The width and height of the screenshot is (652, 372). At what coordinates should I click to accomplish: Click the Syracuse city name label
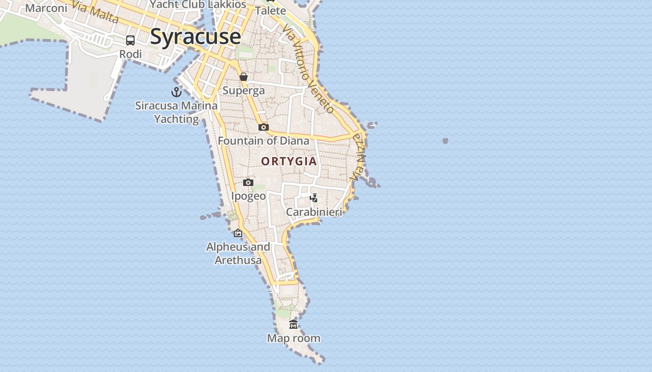pyautogui.click(x=195, y=37)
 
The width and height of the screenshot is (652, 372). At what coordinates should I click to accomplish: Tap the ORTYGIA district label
pyautogui.click(x=289, y=161)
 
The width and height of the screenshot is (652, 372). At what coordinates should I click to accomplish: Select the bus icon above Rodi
pyautogui.click(x=130, y=40)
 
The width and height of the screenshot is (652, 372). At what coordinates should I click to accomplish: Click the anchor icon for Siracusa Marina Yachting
pyautogui.click(x=176, y=92)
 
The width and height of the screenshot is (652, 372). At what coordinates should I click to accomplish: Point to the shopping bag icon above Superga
pyautogui.click(x=243, y=77)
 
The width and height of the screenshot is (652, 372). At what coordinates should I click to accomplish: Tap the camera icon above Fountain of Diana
pyautogui.click(x=263, y=127)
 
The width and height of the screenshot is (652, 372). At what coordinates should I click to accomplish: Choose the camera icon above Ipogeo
pyautogui.click(x=248, y=182)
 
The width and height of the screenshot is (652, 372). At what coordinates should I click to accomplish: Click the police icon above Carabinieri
pyautogui.click(x=314, y=198)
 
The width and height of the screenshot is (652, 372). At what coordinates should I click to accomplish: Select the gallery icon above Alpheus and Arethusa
pyautogui.click(x=238, y=233)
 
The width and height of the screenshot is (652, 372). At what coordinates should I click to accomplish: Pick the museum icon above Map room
pyautogui.click(x=293, y=325)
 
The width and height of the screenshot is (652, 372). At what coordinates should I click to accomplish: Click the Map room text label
pyautogui.click(x=293, y=338)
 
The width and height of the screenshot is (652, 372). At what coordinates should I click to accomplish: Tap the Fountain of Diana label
pyautogui.click(x=263, y=140)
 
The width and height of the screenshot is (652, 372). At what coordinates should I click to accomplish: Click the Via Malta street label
pyautogui.click(x=95, y=11)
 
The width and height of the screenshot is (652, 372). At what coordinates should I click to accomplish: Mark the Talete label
pyautogui.click(x=271, y=10)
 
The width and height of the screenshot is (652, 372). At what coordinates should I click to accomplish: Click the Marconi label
pyautogui.click(x=46, y=8)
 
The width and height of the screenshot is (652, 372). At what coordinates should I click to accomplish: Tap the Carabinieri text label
pyautogui.click(x=314, y=212)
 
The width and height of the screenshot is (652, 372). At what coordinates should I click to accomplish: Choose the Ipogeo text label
pyautogui.click(x=248, y=196)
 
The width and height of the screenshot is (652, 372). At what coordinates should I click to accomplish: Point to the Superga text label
pyautogui.click(x=244, y=90)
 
